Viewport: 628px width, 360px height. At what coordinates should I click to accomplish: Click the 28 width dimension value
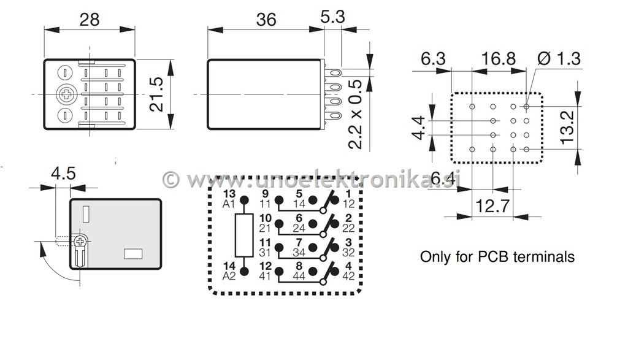89,19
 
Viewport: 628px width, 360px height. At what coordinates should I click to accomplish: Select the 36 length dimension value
266,19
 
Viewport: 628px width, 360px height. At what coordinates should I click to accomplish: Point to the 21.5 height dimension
158,94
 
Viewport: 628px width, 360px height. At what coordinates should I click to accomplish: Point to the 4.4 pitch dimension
419,127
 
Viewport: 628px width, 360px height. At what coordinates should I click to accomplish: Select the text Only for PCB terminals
497,256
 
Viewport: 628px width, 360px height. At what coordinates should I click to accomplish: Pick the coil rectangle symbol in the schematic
244,235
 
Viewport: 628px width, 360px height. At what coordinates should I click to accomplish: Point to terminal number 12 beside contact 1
348,204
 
